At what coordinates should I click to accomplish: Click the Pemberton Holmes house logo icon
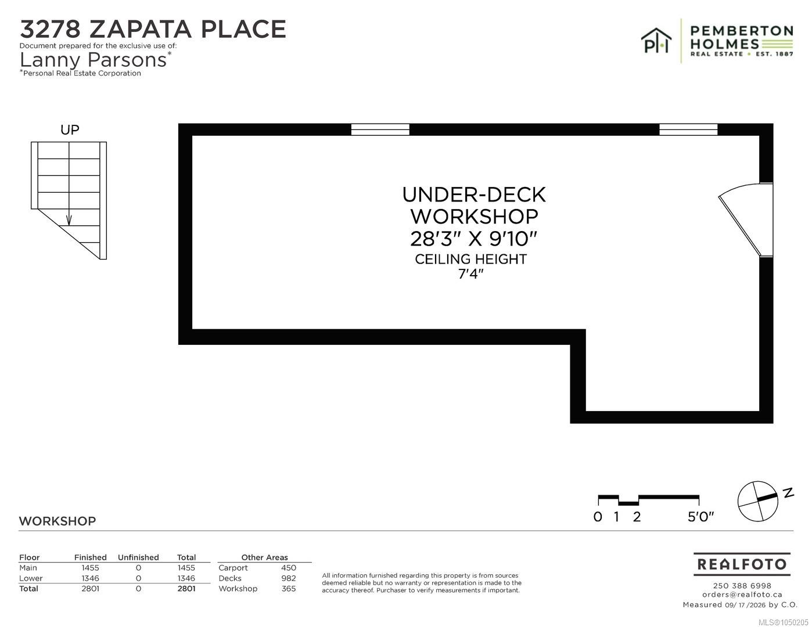(656, 40)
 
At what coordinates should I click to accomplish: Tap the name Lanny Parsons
(93, 60)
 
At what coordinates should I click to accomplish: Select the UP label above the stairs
(70, 130)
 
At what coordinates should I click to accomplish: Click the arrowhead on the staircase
(69, 221)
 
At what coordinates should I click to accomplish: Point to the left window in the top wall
(380, 129)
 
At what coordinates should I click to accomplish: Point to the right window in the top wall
(688, 129)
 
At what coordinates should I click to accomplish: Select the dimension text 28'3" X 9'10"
(473, 239)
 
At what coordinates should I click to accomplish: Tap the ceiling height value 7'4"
(470, 273)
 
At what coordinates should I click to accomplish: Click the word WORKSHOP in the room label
(474, 216)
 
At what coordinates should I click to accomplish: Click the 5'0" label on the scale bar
(700, 517)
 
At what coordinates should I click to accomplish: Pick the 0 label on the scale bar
(598, 517)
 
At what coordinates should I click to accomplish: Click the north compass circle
(757, 501)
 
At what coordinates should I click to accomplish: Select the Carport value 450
(289, 568)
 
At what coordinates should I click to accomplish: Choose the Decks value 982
(289, 578)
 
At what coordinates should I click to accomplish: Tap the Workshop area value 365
(289, 589)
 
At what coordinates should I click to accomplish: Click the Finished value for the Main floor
(91, 568)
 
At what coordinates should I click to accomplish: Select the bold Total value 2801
(186, 589)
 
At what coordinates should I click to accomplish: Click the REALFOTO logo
(742, 564)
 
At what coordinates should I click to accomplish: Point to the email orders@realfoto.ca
(742, 594)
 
